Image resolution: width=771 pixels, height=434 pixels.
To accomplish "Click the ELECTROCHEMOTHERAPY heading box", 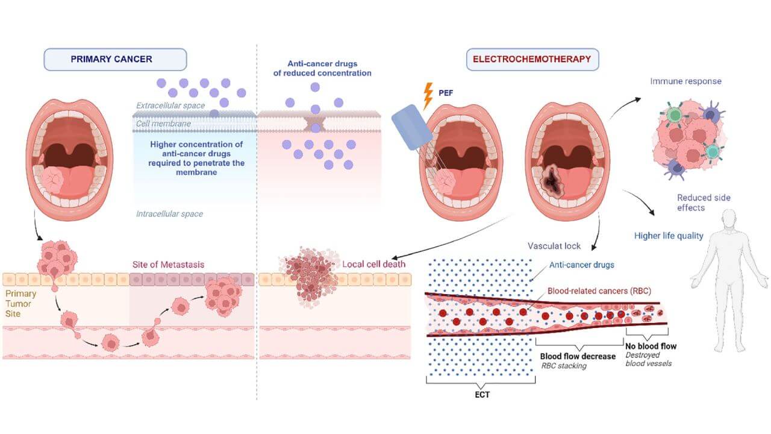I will click(532, 60).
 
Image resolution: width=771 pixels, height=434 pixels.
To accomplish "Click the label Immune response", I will click(685, 81).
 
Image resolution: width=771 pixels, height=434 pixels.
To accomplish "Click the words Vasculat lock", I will click(555, 246).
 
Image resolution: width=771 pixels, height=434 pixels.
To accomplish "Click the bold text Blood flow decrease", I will click(578, 356).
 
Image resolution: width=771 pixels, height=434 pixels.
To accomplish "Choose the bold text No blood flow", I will click(652, 346).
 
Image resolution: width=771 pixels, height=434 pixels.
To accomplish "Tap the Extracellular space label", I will click(170, 105).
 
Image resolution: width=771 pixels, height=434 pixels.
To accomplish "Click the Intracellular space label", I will click(169, 214).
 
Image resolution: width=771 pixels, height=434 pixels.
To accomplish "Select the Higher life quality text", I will click(669, 236).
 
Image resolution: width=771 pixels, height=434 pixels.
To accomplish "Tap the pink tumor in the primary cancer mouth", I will click(59, 180).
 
